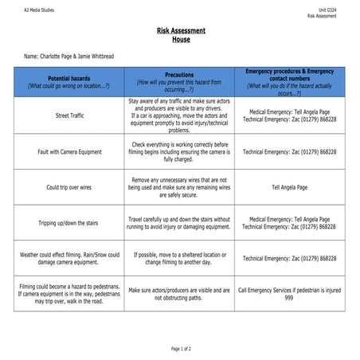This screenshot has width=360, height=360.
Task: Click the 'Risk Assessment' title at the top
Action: pyautogui.click(x=181, y=31)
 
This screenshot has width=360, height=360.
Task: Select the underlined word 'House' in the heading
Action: pyautogui.click(x=181, y=39)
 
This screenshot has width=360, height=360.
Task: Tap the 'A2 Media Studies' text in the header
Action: pyautogui.click(x=38, y=10)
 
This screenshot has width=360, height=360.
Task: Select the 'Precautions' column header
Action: pyautogui.click(x=179, y=74)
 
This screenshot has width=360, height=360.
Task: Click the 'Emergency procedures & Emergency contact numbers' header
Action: pyautogui.click(x=289, y=74)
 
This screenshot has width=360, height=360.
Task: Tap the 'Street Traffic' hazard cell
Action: pyautogui.click(x=68, y=115)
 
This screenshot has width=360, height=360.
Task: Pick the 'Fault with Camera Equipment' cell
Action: pyautogui.click(x=68, y=151)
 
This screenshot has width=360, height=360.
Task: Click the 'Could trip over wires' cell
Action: pyautogui.click(x=68, y=188)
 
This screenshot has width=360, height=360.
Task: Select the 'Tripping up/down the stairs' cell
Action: pyautogui.click(x=68, y=223)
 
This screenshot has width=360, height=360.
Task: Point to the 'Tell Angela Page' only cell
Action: pyautogui.click(x=289, y=188)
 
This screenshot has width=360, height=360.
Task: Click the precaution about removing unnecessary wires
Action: pyautogui.click(x=179, y=187)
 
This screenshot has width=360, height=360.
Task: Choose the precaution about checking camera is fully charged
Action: pyautogui.click(x=179, y=151)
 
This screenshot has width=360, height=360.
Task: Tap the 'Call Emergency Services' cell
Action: pyautogui.click(x=289, y=294)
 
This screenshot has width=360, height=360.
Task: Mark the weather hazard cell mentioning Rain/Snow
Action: pyautogui.click(x=68, y=258)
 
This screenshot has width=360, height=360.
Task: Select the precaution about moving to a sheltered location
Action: pyautogui.click(x=179, y=258)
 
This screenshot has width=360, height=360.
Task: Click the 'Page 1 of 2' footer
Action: pyautogui.click(x=181, y=349)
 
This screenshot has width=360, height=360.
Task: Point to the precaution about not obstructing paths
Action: pyautogui.click(x=179, y=294)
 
